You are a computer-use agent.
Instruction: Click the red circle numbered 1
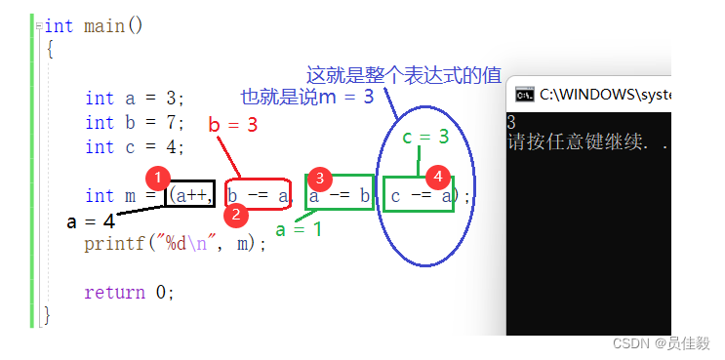pyautogui.click(x=158, y=179)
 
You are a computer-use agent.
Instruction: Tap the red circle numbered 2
pyautogui.click(x=233, y=214)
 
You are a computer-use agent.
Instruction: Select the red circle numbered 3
pyautogui.click(x=319, y=179)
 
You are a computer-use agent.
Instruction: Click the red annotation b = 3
pyautogui.click(x=233, y=125)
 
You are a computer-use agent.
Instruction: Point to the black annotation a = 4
pyautogui.click(x=91, y=220)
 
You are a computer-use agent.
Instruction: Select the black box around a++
pyautogui.click(x=190, y=195)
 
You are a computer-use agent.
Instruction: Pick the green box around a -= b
pyautogui.click(x=340, y=196)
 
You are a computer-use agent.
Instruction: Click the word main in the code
pyautogui.click(x=103, y=25)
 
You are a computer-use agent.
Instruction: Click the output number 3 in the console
pyautogui.click(x=512, y=123)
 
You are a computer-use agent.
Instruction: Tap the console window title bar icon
pyautogui.click(x=524, y=94)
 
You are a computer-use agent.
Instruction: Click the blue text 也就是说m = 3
pyautogui.click(x=306, y=97)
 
